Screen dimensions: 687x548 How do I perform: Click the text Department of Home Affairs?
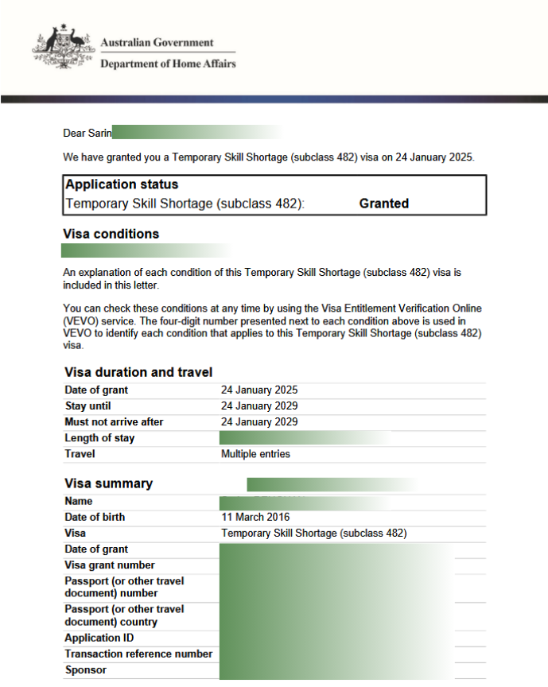[x=168, y=64]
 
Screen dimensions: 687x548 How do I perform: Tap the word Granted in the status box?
[x=383, y=204]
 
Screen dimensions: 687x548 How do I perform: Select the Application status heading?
[x=122, y=184]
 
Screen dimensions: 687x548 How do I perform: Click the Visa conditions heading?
[x=111, y=234]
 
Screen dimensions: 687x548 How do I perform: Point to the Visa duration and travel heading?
[x=138, y=372]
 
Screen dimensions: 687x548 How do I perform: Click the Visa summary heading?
[x=108, y=483]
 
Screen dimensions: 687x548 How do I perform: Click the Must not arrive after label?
[x=114, y=422]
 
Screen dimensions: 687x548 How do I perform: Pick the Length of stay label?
[x=99, y=438]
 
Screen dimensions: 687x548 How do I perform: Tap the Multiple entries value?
[x=255, y=454]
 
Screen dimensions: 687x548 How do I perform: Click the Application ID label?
[x=99, y=638]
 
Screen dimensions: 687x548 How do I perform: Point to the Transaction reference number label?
[x=138, y=654]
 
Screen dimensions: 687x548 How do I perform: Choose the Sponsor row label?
[x=85, y=670]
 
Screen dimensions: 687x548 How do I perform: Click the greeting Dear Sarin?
[x=87, y=133]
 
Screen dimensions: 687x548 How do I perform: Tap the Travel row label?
[x=80, y=454]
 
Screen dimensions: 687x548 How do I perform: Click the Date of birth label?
[x=95, y=517]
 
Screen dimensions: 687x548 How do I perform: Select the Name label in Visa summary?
[x=78, y=501]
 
